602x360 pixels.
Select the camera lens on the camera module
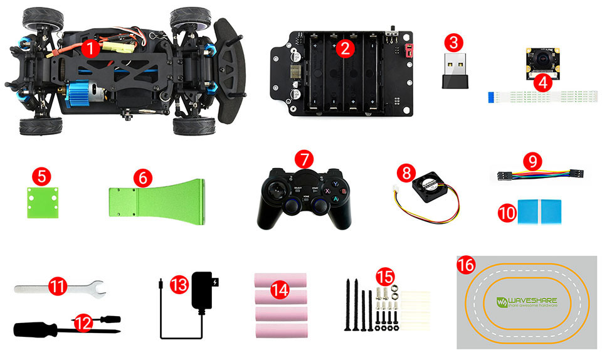tap(539, 63)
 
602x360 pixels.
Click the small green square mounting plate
tap(40, 202)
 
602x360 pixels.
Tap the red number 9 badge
tap(532, 162)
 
